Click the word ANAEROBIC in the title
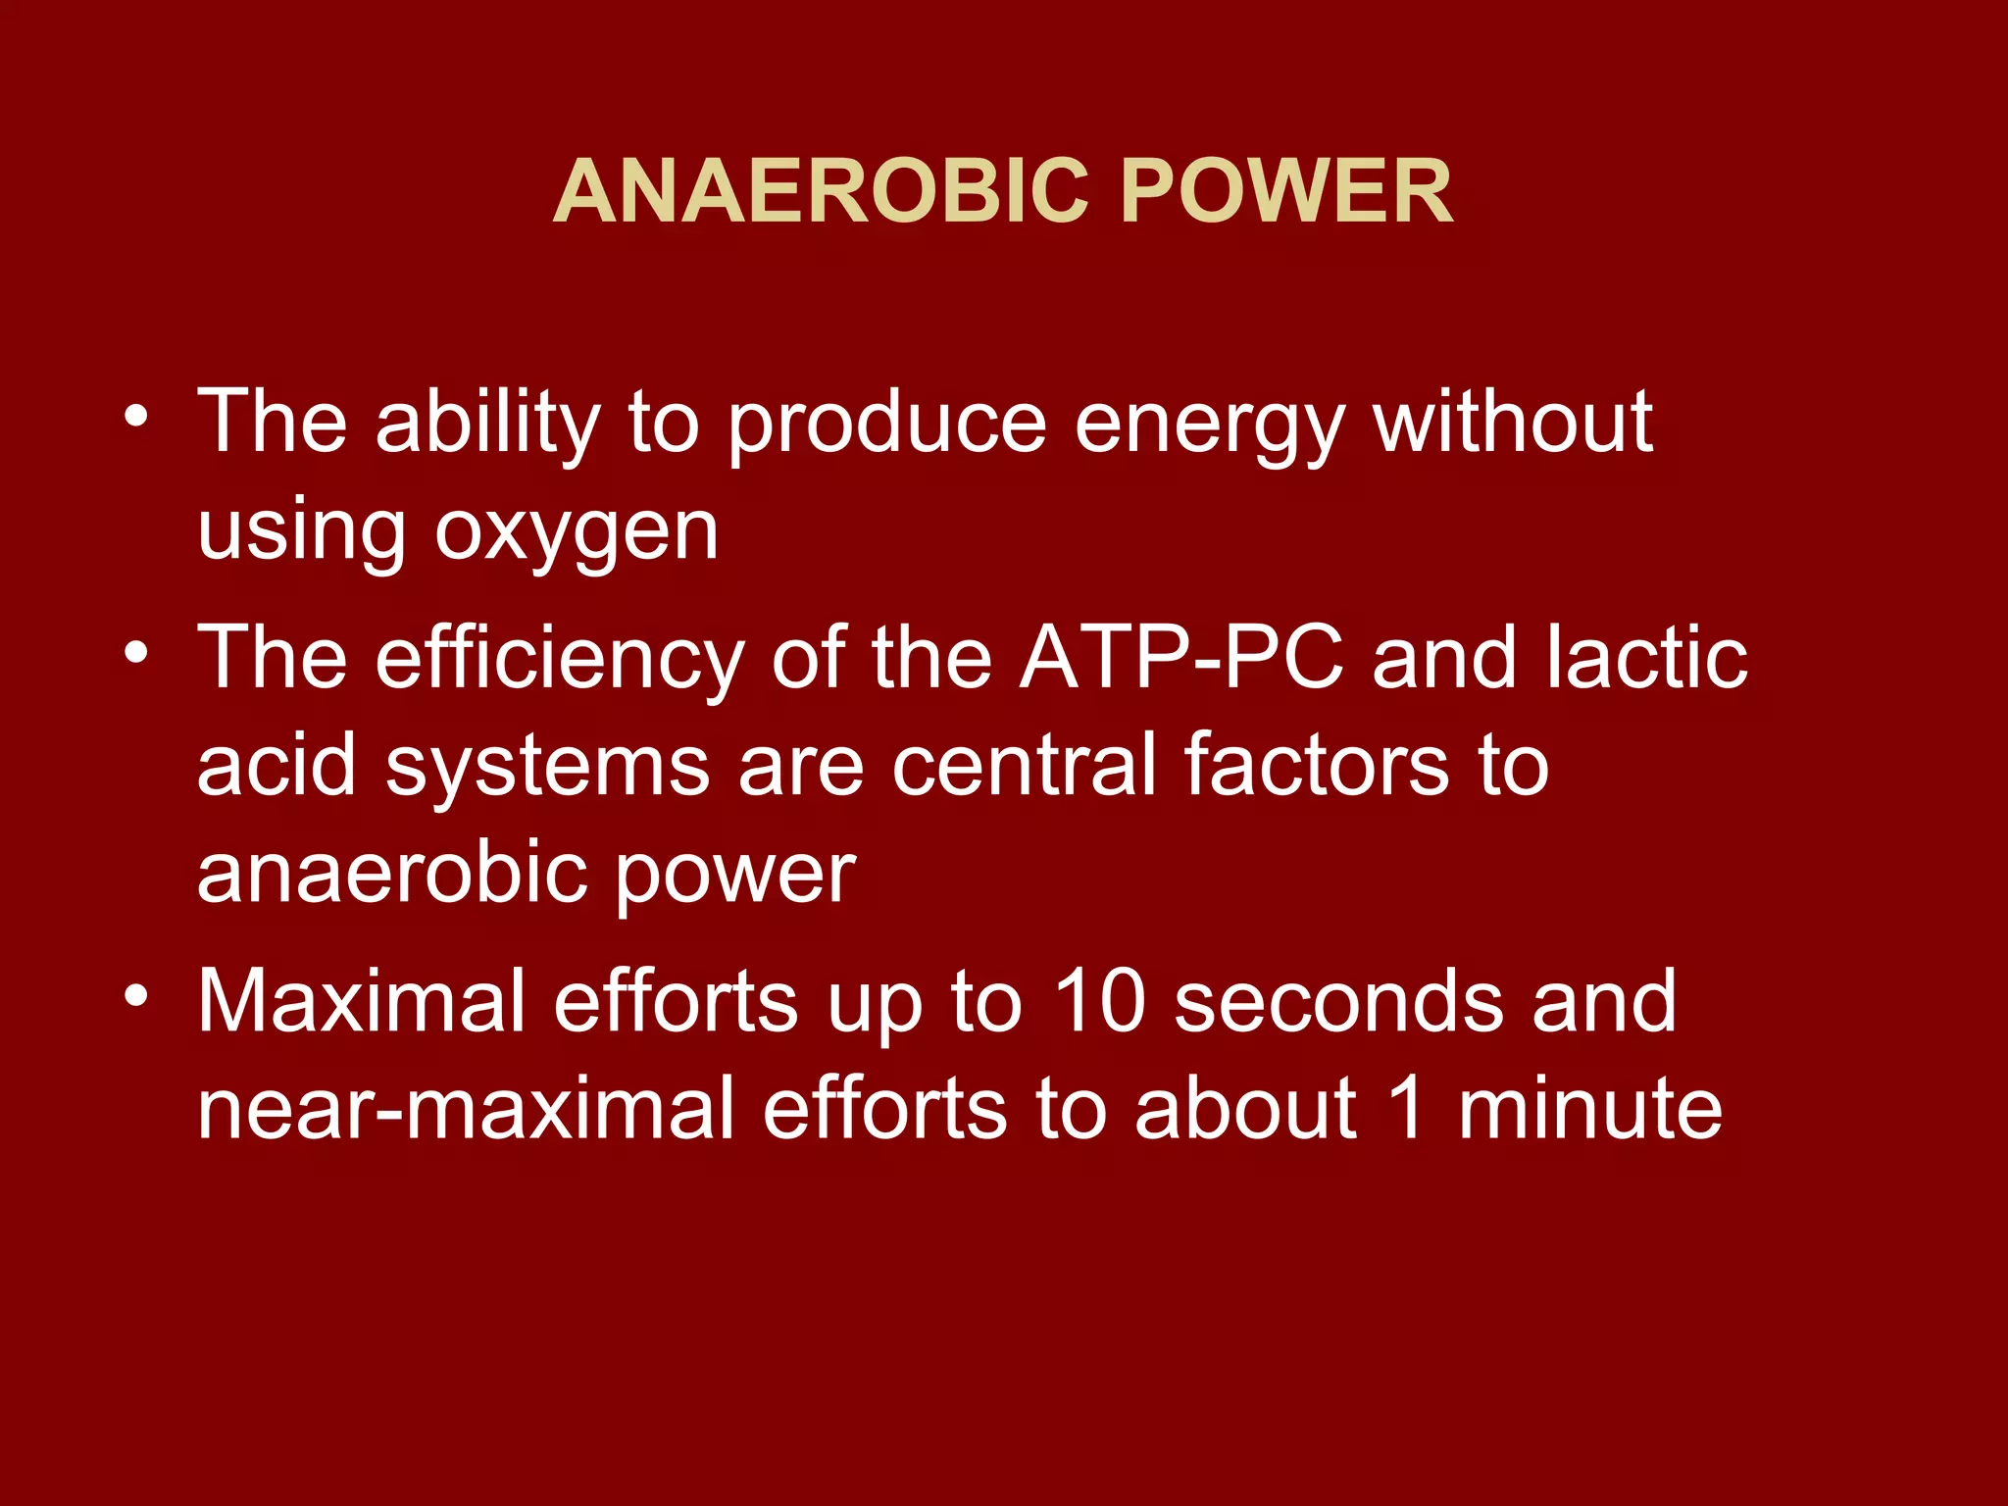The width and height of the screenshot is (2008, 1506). coord(822,191)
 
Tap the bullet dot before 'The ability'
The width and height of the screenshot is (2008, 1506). coord(136,416)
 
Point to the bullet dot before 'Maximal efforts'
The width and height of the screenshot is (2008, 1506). coord(136,995)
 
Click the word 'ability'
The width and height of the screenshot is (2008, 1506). coord(487,424)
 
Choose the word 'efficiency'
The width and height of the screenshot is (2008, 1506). coord(559,659)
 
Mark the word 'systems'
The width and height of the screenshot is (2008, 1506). coord(547,767)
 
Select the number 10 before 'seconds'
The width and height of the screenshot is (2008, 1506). coord(1098,1001)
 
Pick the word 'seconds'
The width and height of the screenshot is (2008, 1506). coord(1339,1001)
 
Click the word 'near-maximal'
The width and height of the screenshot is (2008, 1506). coord(466,1109)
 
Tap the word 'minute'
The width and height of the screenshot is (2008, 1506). coord(1589,1109)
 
